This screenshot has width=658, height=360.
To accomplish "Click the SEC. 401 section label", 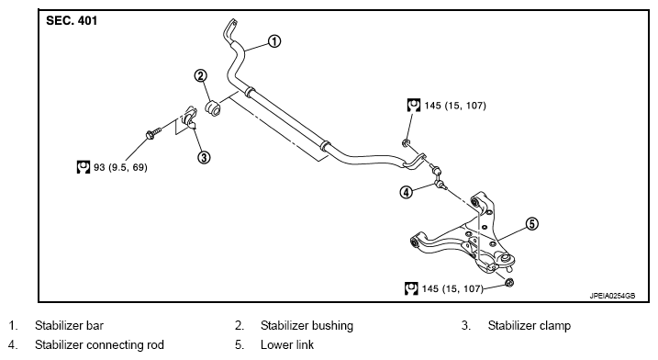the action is [x=72, y=20].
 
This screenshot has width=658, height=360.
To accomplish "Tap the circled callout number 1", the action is [x=274, y=41].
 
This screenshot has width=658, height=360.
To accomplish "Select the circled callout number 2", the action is [x=201, y=75].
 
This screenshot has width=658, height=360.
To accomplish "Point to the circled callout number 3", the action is [x=204, y=158].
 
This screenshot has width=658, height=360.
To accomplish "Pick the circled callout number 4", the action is [x=406, y=192].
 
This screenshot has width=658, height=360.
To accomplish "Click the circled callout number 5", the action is [x=531, y=224].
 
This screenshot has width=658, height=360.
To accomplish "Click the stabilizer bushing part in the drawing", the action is [x=213, y=107].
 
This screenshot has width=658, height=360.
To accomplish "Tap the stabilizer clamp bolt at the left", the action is [x=152, y=133].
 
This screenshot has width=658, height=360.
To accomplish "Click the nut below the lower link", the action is [x=509, y=282].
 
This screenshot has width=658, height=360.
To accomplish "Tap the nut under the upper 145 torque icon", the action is [x=407, y=143].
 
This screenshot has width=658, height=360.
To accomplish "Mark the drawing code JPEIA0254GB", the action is [x=612, y=296].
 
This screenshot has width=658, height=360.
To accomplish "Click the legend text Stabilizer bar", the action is [x=69, y=325].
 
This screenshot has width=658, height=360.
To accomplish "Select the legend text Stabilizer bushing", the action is [x=307, y=325].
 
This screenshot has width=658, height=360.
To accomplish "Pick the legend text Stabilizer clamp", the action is [x=530, y=325].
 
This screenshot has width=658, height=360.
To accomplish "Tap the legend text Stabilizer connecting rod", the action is [x=99, y=345].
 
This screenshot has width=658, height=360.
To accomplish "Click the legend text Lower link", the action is [x=287, y=345].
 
